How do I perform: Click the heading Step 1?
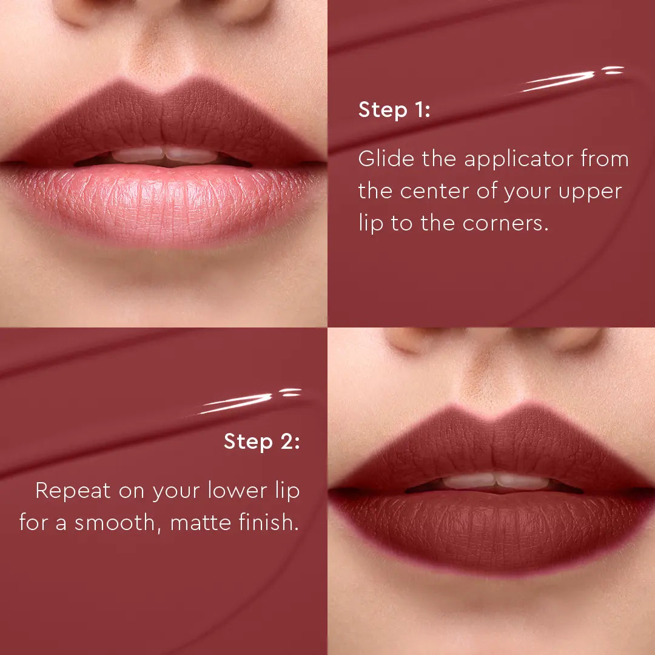pos(394,110)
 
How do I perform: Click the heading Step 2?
pos(261,442)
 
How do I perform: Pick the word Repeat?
pos(73,491)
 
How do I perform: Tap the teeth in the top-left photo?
pos(164,155)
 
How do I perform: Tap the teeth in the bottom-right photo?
pos(494,482)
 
